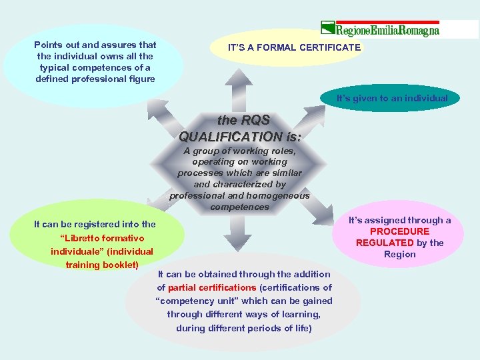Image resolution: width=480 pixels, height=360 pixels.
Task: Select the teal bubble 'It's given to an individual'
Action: coord(392,98)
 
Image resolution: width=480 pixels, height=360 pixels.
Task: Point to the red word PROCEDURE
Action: coord(400,231)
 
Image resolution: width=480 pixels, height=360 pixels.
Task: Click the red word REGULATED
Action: coord(385,243)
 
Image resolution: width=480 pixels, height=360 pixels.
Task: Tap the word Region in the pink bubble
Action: coord(400,254)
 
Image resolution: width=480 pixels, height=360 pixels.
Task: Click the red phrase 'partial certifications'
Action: coord(212,287)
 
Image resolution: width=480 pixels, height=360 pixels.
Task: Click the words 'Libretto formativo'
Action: coord(101,238)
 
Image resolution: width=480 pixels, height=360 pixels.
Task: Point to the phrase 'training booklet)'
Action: coord(102,265)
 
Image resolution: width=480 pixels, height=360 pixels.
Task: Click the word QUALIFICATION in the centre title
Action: coord(240,136)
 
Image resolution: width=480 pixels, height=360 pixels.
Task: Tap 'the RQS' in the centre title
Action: coord(244,120)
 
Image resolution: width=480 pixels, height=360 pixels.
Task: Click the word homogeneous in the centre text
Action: coord(278,195)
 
